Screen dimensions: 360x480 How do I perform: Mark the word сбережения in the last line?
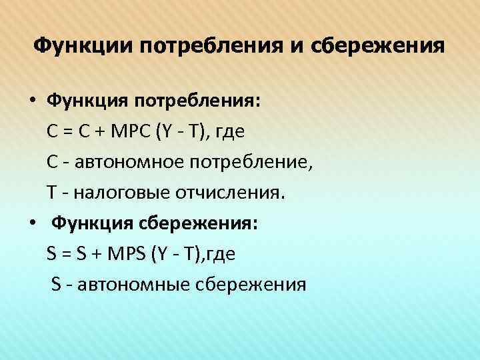(252, 285)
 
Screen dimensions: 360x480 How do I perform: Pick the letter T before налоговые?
(51, 193)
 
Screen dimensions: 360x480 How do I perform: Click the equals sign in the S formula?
(65, 255)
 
